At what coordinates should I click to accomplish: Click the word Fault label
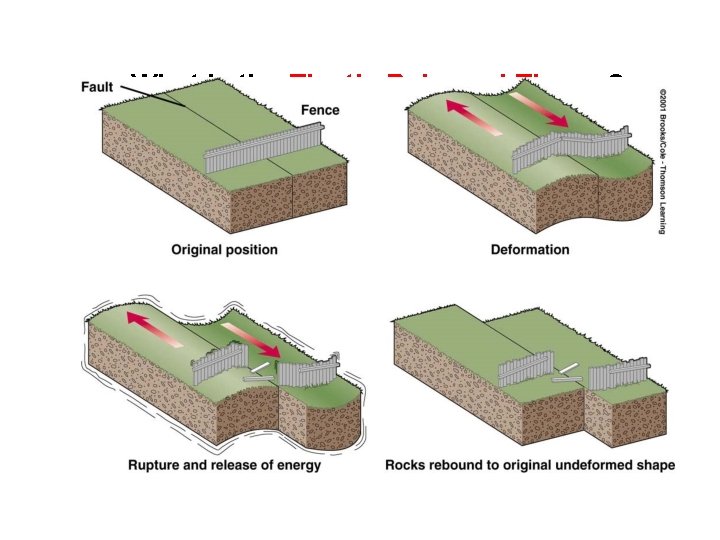[99, 87]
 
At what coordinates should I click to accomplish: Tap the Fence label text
[320, 110]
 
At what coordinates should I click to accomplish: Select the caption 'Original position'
[224, 249]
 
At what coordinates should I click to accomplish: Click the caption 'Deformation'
[530, 249]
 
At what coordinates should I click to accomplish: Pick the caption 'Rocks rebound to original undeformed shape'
[530, 465]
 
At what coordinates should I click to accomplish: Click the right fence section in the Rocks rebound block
[617, 375]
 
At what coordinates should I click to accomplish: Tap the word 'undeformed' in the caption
[597, 465]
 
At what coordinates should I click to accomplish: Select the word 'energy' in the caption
[311, 465]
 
